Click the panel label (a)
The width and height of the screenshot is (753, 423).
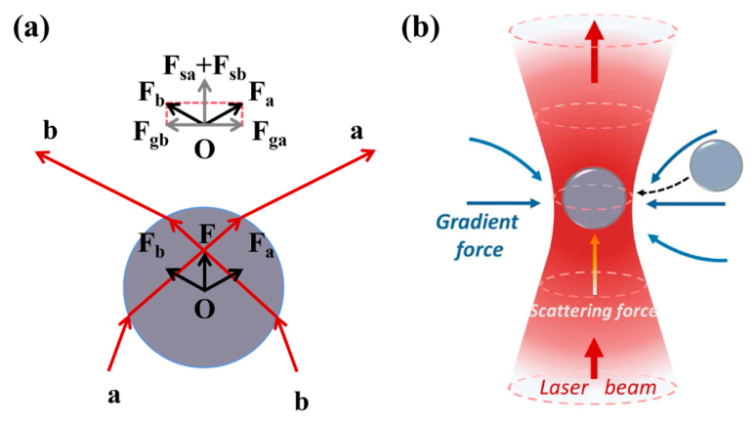point(31,28)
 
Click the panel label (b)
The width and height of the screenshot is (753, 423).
point(420,28)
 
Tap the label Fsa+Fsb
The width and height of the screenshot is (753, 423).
point(205,67)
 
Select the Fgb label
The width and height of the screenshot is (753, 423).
point(150,133)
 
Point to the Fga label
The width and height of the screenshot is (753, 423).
point(270,133)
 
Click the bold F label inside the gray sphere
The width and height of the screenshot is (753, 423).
point(206,234)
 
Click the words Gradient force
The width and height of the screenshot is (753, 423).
point(477,235)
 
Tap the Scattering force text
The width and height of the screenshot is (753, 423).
point(593,311)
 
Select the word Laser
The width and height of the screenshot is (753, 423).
point(564,387)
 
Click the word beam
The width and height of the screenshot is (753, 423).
point(630,387)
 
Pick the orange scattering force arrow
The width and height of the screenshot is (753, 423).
point(594,265)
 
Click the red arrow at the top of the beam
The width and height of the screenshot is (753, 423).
point(595,53)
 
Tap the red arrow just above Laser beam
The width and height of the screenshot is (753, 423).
point(594,359)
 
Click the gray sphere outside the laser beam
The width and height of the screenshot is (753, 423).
point(716,166)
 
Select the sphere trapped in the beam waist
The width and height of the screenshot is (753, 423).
point(594,198)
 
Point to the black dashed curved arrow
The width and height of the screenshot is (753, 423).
point(666,190)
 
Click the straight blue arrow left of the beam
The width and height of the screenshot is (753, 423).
point(504,203)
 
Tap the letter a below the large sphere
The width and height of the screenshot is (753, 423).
point(114,396)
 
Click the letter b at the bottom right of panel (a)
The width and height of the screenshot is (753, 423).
point(301,401)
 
